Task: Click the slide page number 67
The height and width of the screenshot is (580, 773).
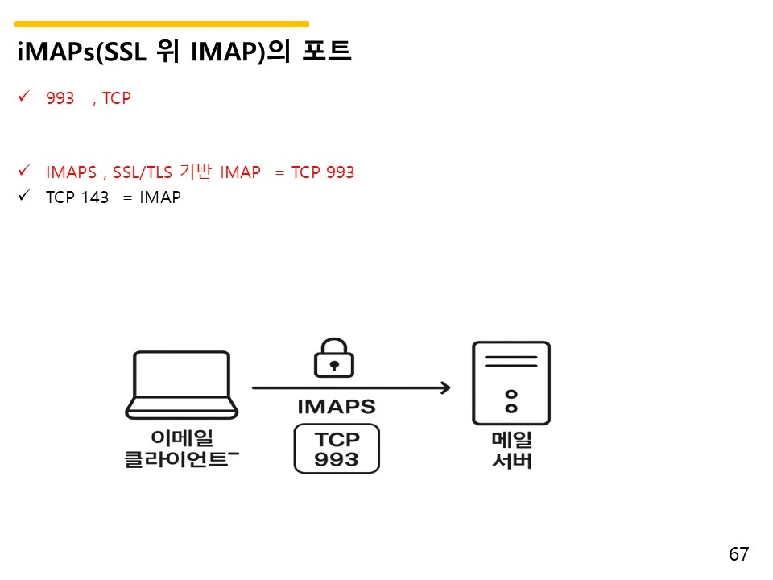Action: (738, 554)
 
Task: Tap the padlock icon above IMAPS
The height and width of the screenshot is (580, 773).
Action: (334, 357)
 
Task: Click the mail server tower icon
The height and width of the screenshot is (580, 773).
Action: (511, 383)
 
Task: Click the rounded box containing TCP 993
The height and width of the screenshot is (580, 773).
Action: (337, 449)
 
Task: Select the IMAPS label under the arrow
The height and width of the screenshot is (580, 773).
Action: (337, 407)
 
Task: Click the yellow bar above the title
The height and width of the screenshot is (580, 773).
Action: (161, 24)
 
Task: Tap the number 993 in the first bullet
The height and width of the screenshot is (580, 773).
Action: (60, 98)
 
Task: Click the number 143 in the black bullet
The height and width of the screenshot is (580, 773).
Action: (95, 197)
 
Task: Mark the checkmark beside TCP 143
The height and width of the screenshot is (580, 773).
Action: (23, 197)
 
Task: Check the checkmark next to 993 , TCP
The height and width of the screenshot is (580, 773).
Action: (23, 97)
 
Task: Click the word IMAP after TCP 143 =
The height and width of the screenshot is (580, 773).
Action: (159, 197)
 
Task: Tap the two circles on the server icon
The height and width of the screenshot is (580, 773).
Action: (510, 401)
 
